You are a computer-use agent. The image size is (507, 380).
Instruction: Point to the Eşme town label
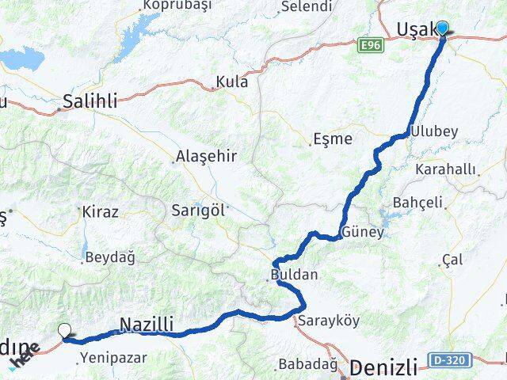coord(332,139)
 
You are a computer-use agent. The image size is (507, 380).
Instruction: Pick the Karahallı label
coord(448,169)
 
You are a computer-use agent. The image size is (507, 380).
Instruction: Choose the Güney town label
coord(362,233)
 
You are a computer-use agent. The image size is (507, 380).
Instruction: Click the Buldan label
coord(294,275)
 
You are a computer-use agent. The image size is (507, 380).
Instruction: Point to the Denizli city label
coord(383,367)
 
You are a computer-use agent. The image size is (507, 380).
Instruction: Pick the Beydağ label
coord(109,257)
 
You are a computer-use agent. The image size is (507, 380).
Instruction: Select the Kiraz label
coord(100,212)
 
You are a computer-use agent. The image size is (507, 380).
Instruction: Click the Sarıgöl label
coord(198,211)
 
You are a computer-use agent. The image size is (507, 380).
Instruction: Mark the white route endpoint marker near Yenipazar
coord(65,331)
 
